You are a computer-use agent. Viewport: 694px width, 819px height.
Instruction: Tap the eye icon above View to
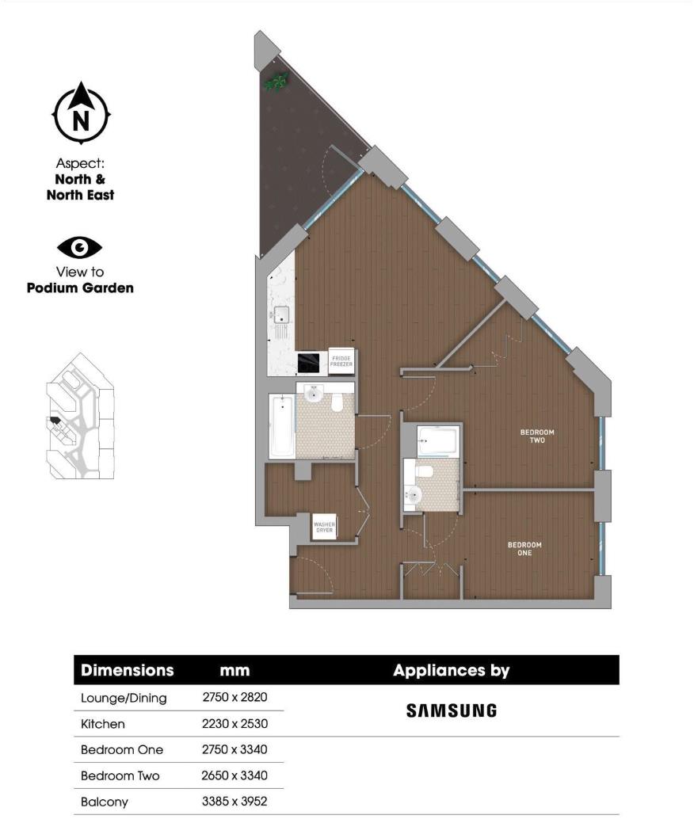click(80, 248)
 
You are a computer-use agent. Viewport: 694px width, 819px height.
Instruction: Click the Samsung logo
click(452, 710)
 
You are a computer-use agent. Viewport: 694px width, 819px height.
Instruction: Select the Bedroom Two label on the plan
click(537, 436)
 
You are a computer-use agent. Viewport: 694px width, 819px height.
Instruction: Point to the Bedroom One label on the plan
click(524, 548)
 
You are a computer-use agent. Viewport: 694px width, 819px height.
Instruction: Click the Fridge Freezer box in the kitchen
click(341, 361)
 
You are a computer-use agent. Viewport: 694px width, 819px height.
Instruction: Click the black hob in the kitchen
click(308, 363)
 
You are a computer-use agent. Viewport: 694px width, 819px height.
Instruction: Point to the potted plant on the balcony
click(276, 81)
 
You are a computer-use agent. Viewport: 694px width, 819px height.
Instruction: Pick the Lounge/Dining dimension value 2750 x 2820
click(235, 698)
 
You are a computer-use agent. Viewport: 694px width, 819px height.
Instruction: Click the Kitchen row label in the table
click(103, 724)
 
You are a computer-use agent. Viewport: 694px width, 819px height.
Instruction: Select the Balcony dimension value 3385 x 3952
click(235, 802)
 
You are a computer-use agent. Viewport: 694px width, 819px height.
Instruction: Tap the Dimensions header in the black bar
click(128, 670)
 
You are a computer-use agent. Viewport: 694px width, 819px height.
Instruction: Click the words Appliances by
click(451, 670)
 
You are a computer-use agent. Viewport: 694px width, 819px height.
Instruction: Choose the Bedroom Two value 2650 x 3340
click(235, 775)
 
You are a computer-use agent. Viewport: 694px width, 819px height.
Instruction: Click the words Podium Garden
click(80, 288)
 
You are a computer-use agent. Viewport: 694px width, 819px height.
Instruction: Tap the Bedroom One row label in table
click(121, 749)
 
